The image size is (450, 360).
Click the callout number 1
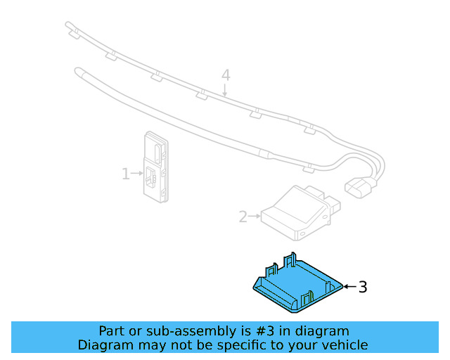click(126, 173)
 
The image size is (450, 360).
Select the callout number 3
click(363, 287)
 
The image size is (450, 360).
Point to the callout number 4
click(226, 75)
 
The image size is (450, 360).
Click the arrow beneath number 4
click(226, 89)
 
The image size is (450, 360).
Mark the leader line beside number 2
click(255, 217)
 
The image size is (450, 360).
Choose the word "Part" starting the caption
click(112, 331)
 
